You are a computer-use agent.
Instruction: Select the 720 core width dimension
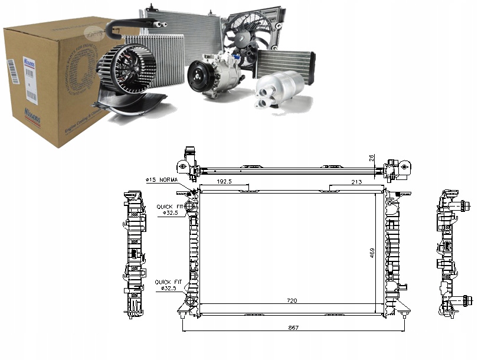click(292, 301)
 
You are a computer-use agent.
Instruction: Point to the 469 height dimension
click(372, 252)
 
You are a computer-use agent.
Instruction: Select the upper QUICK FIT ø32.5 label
click(167, 210)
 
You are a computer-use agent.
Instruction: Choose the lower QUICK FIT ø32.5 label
click(166, 286)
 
